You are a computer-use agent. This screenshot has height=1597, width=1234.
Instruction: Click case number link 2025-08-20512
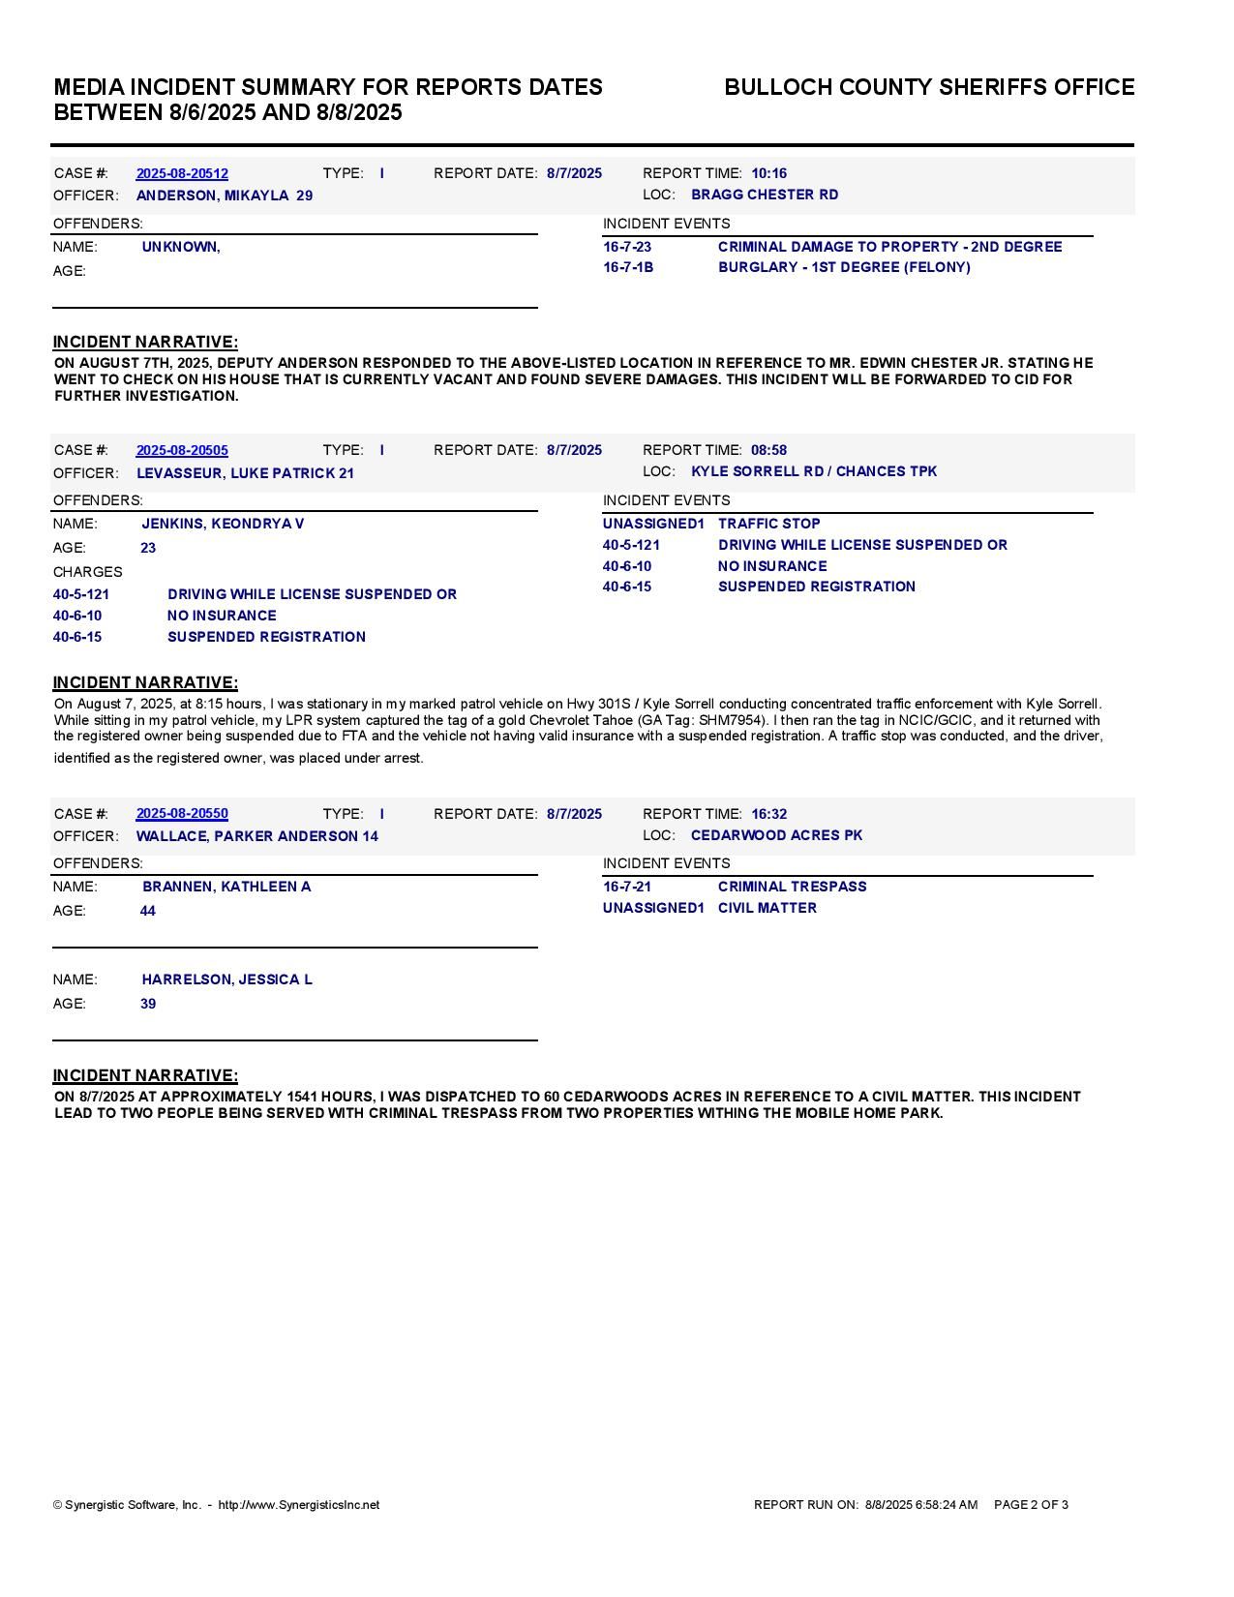pyautogui.click(x=182, y=174)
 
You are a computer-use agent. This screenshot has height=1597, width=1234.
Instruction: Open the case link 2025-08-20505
pyautogui.click(x=182, y=451)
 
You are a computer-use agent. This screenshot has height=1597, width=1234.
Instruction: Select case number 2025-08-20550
pyautogui.click(x=182, y=814)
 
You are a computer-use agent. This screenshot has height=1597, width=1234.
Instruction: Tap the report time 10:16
pyautogui.click(x=768, y=174)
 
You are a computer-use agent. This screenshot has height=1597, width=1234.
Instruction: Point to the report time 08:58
pyautogui.click(x=768, y=451)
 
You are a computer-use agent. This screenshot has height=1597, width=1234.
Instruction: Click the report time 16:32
pyautogui.click(x=768, y=814)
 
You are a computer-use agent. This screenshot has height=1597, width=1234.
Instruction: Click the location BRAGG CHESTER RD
pyautogui.click(x=765, y=195)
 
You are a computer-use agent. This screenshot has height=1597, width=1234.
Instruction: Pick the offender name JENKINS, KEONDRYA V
pyautogui.click(x=223, y=524)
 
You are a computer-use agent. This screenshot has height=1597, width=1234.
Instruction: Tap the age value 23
pyautogui.click(x=148, y=548)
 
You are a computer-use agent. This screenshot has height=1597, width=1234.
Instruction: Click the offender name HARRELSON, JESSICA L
pyautogui.click(x=226, y=979)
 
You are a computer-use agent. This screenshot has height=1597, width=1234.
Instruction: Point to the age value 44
pyautogui.click(x=148, y=911)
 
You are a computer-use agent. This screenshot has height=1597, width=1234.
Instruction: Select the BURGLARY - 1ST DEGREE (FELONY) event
pyautogui.click(x=844, y=267)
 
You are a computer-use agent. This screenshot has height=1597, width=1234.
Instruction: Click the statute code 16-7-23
pyautogui.click(x=627, y=247)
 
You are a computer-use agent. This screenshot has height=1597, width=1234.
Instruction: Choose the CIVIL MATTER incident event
pyautogui.click(x=767, y=908)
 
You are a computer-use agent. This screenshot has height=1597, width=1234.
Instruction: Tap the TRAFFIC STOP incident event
pyautogui.click(x=768, y=524)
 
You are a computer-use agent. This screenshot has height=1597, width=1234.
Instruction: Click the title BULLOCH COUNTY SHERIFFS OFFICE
pyautogui.click(x=929, y=87)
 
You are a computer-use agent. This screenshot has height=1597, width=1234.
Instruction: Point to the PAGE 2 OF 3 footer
pyautogui.click(x=1031, y=1505)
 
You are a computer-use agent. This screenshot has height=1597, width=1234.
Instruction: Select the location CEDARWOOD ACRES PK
pyautogui.click(x=776, y=835)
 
